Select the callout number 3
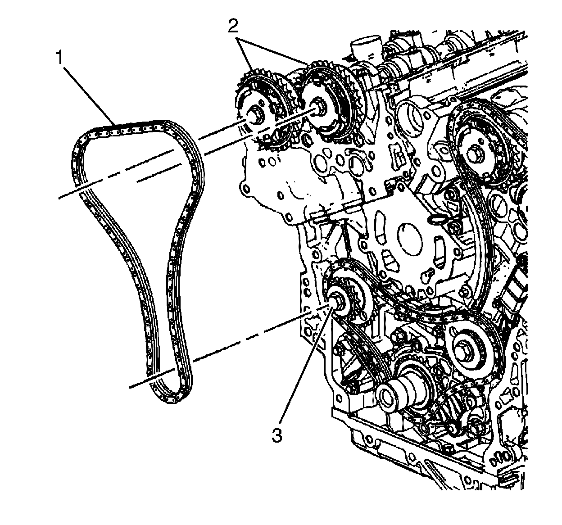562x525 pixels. point(276,435)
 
